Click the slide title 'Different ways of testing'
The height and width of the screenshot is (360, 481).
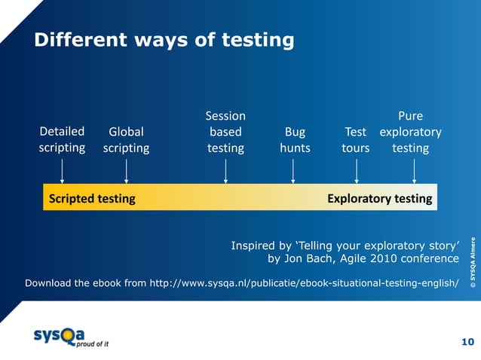click(x=163, y=40)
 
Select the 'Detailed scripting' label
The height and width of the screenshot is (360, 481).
click(x=62, y=140)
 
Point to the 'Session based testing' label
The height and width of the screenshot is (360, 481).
click(x=225, y=132)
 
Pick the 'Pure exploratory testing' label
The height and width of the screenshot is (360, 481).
click(x=410, y=132)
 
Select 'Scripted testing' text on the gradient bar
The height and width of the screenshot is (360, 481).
click(x=92, y=199)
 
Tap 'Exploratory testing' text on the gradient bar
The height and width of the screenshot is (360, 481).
click(x=379, y=199)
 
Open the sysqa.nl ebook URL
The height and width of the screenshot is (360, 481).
click(x=304, y=283)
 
